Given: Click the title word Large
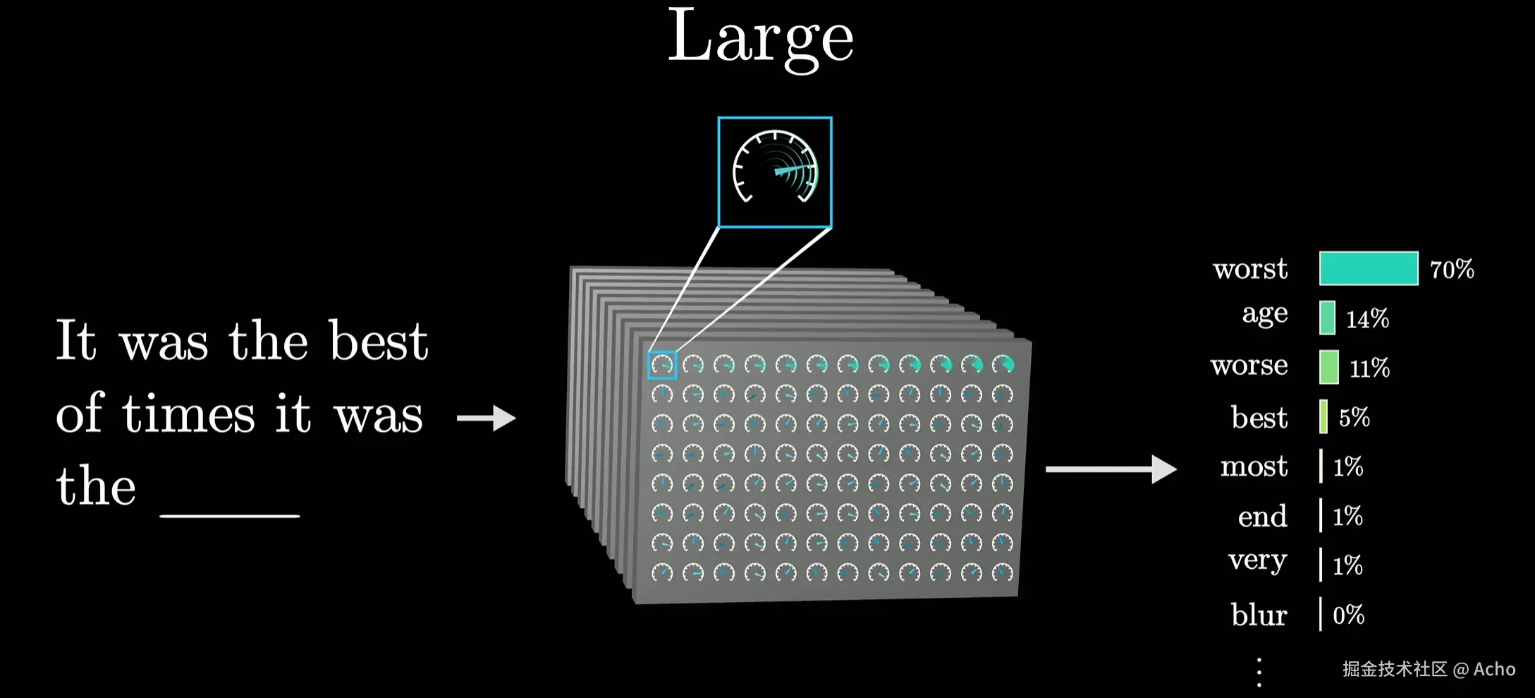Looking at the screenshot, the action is [760, 39].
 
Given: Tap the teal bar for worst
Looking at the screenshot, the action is [1368, 268].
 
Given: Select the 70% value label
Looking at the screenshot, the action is [1452, 269].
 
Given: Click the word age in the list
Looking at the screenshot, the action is [1265, 314].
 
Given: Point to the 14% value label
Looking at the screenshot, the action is [1367, 319].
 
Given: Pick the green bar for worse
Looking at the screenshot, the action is [1328, 367].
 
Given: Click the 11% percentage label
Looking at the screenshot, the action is [1369, 368].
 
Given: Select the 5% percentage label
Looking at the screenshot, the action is [1354, 417].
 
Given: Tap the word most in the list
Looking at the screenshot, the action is [1254, 467].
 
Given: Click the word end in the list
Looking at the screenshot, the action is [1262, 517].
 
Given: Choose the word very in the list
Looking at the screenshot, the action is [1257, 561].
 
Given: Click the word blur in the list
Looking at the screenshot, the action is [1259, 615].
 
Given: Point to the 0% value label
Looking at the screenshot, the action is [1348, 615].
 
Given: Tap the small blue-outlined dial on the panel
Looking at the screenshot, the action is [662, 365].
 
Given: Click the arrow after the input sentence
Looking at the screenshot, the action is [487, 418].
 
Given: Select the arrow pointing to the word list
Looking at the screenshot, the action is [1111, 469].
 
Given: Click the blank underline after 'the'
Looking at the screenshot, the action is [230, 515].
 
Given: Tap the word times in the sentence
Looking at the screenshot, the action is [188, 414].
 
